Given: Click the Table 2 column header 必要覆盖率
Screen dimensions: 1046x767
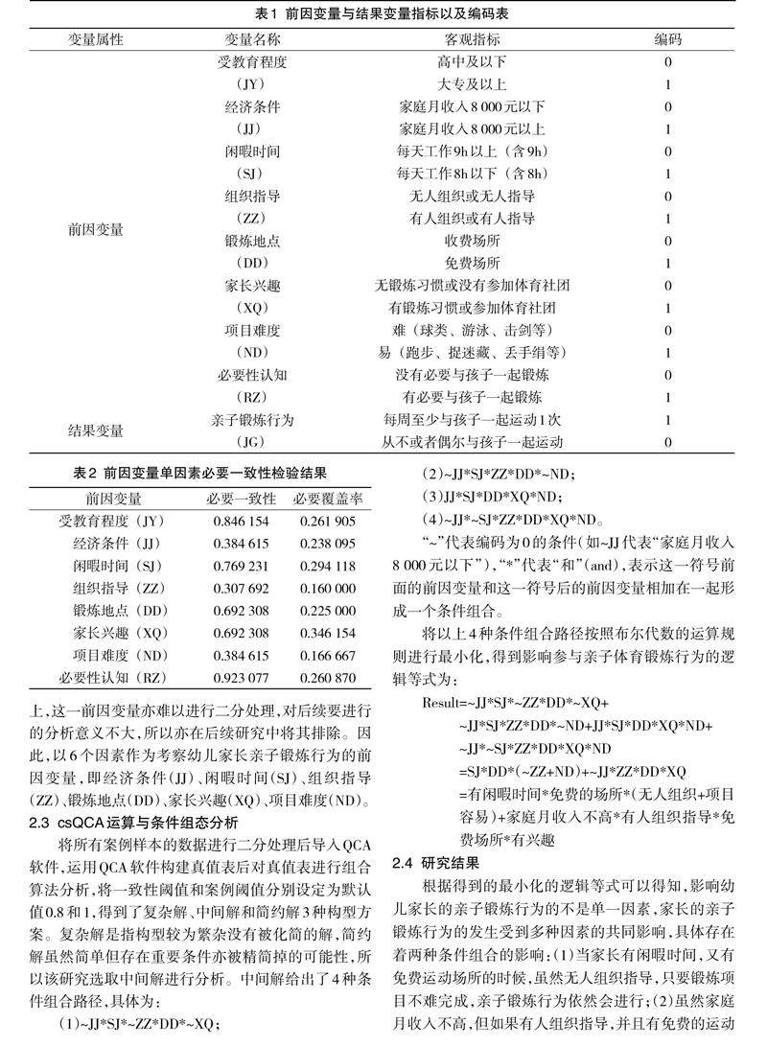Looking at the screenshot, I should click(x=328, y=500).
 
